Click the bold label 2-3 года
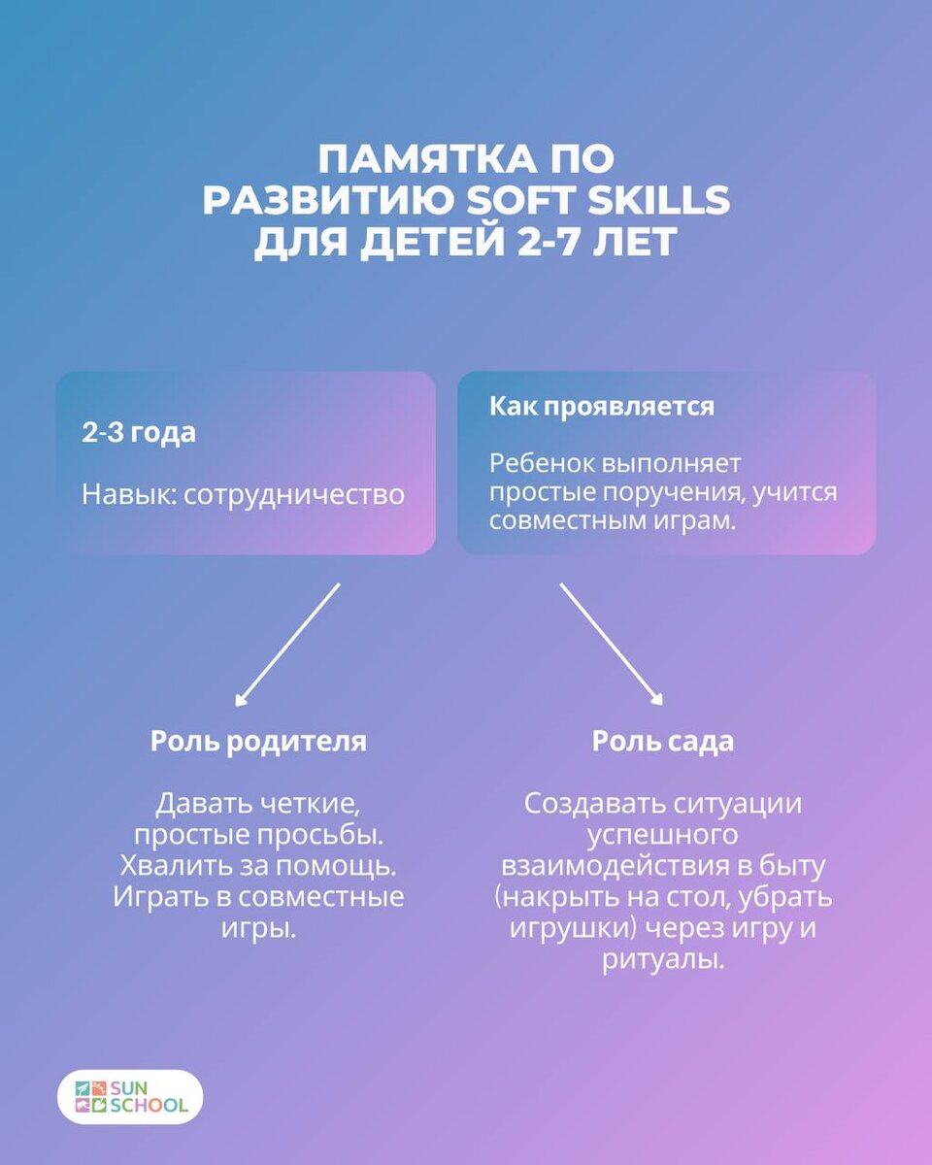pyautogui.click(x=138, y=433)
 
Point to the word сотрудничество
pyautogui.click(x=294, y=494)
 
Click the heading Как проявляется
pyautogui.click(x=601, y=406)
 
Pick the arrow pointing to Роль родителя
pyautogui.click(x=286, y=645)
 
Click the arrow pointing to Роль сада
pyautogui.click(x=612, y=645)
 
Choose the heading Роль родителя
pyautogui.click(x=258, y=742)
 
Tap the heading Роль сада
pyautogui.click(x=663, y=742)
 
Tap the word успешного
pyautogui.click(x=663, y=835)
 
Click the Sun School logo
pyautogui.click(x=130, y=1096)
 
